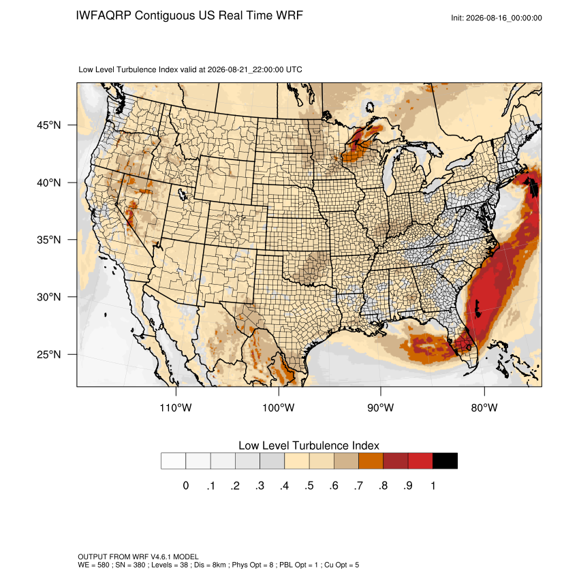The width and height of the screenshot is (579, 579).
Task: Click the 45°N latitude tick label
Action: [x=48, y=125]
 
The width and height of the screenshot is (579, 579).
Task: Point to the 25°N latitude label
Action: [x=48, y=354]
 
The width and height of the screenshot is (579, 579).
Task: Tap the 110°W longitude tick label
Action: [x=176, y=407]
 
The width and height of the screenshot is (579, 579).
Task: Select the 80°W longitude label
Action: [x=484, y=407]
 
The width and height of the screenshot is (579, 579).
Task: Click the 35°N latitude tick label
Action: [x=48, y=240]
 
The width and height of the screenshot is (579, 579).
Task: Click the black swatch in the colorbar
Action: [x=445, y=461]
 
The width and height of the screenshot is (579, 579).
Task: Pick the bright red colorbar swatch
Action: [x=420, y=461]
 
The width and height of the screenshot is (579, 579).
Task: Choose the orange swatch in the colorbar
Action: [x=371, y=461]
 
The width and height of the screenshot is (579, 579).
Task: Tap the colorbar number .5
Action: [x=309, y=486]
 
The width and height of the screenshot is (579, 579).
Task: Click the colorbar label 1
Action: [x=433, y=486]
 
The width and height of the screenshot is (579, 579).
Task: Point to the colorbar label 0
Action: [x=186, y=486]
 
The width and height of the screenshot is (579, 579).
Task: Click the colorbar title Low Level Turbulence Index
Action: [x=309, y=445]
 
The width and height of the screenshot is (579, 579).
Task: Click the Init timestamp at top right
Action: [x=497, y=18]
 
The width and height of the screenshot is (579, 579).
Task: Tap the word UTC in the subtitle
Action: [x=294, y=69]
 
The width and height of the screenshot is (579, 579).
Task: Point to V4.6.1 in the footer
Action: [x=161, y=557]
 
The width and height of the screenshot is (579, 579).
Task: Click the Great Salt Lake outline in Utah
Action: [x=182, y=193]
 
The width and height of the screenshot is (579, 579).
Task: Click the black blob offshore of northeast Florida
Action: [x=478, y=309]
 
